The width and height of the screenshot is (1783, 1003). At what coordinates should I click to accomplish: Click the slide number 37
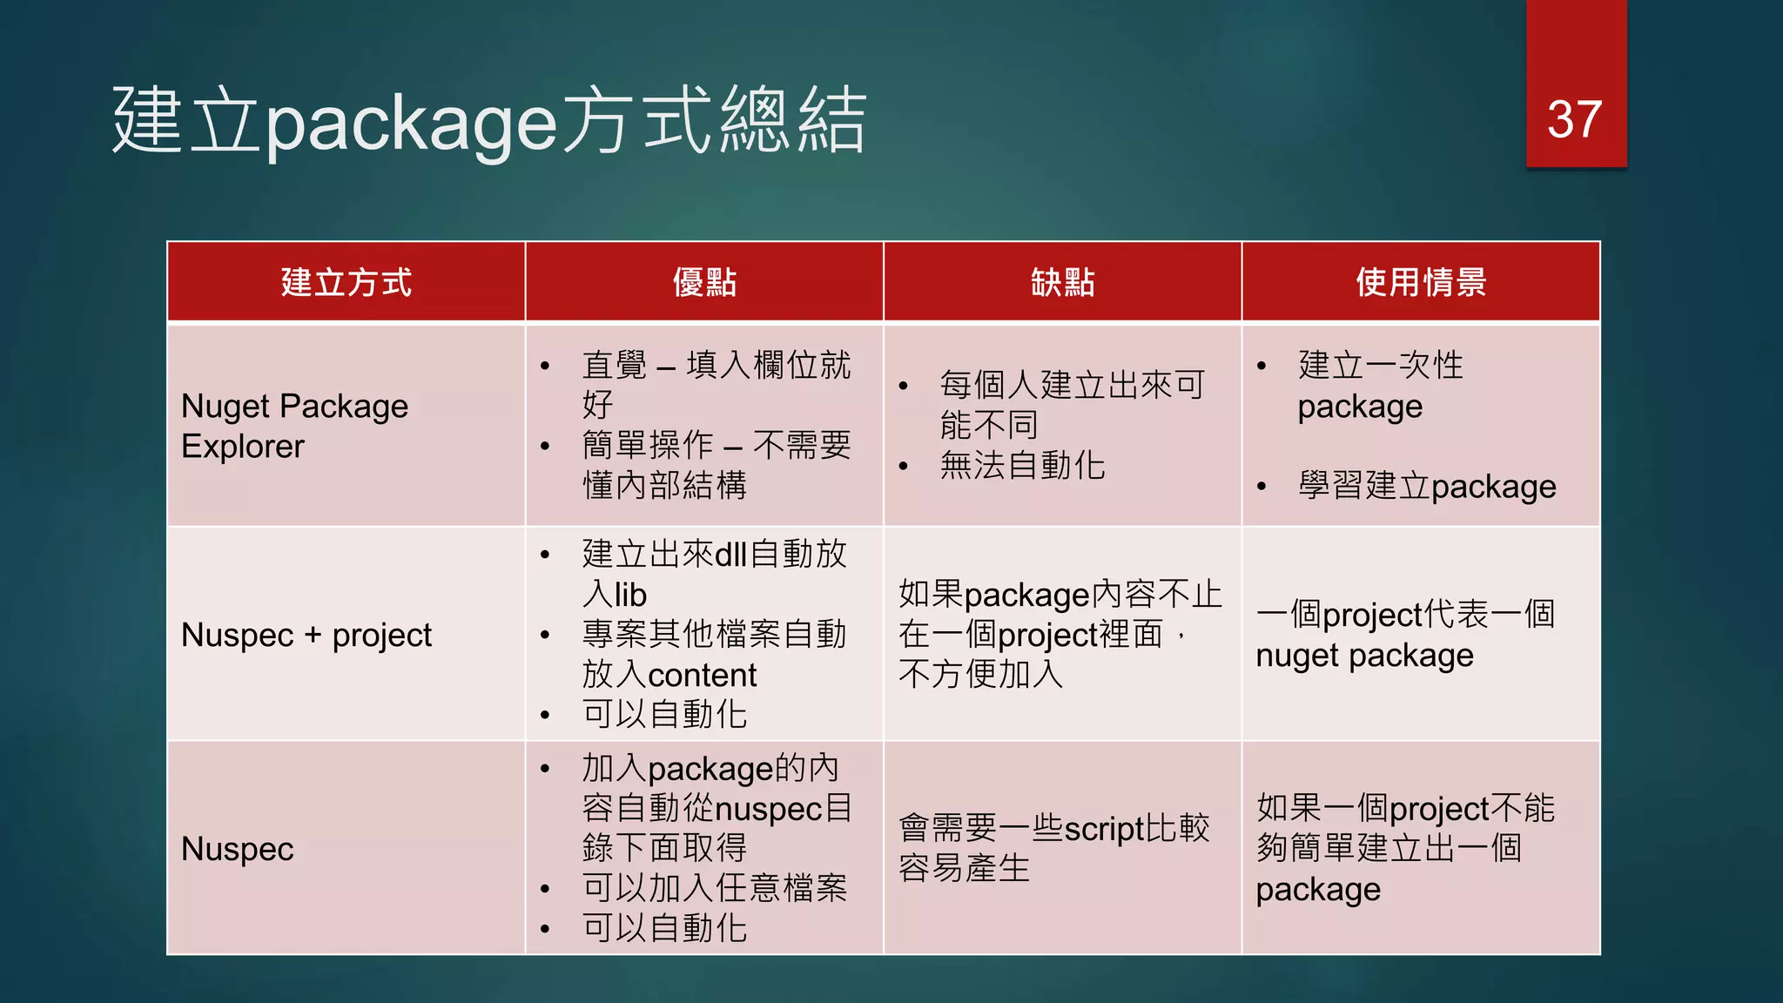1574,119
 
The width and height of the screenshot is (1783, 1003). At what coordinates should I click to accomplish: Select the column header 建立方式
346,282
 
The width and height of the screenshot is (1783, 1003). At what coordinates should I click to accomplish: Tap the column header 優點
704,282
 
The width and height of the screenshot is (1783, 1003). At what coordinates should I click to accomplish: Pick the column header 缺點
1062,282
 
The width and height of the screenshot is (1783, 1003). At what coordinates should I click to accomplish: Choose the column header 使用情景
1421,282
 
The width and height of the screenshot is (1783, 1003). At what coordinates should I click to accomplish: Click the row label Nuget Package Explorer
294,426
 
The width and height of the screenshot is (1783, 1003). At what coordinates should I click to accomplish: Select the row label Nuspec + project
306,635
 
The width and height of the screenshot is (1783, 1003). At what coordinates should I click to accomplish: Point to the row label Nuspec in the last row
237,849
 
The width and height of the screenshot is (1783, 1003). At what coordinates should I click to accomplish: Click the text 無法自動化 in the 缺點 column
1022,466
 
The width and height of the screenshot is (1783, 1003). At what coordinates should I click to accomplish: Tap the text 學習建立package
1426,486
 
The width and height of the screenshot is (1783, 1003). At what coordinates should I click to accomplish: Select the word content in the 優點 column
702,676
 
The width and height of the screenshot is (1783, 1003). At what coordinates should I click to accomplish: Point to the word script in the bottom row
1104,829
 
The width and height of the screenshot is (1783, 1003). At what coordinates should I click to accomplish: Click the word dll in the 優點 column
730,555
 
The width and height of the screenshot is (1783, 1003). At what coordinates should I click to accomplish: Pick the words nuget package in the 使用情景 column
1364,656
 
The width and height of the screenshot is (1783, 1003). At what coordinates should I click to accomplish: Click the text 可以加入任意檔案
714,888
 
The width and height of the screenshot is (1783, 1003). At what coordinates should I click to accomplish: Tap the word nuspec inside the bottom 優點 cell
769,809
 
